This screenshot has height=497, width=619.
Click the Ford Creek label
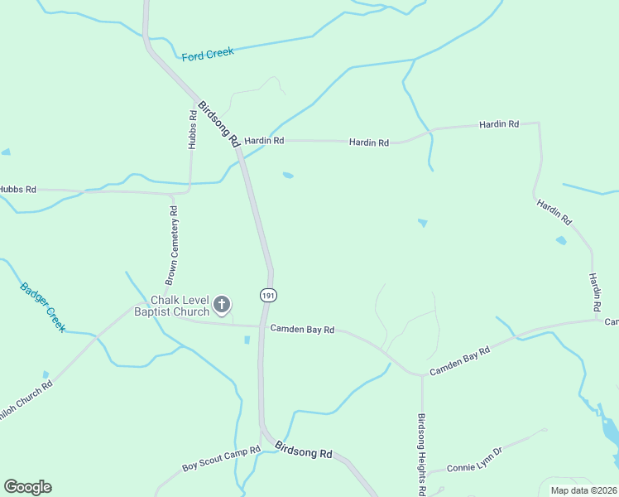click(208, 53)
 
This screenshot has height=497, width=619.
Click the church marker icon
click(221, 305)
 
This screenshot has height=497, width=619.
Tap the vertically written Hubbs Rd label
click(193, 129)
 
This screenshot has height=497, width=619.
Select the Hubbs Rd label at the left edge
click(17, 190)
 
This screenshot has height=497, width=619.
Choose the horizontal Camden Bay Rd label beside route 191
click(302, 330)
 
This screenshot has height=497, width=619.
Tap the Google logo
click(27, 487)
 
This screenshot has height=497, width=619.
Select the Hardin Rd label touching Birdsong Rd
click(264, 141)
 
